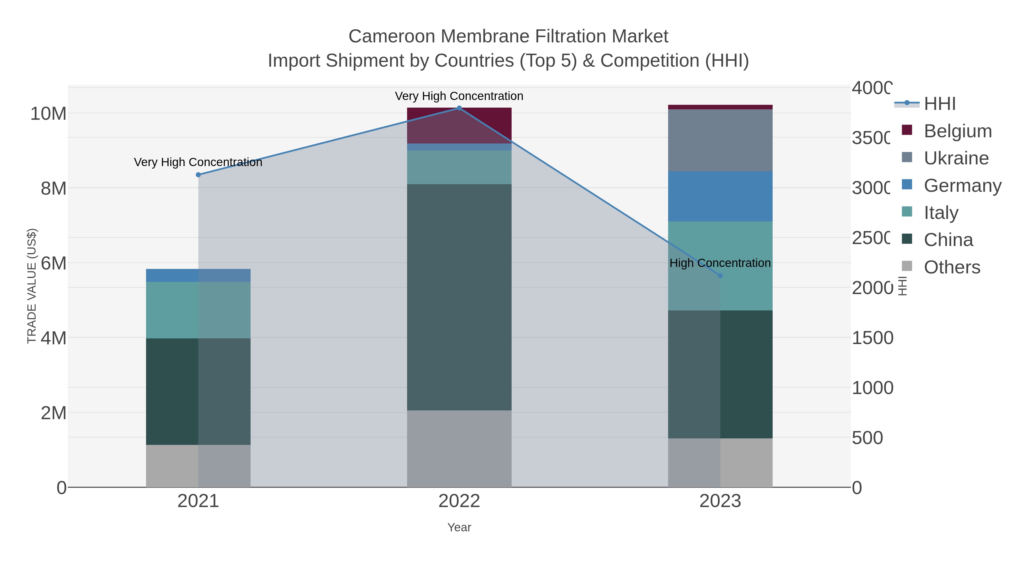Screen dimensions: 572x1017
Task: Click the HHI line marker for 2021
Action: (x=198, y=175)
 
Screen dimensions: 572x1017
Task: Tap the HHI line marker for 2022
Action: (x=459, y=108)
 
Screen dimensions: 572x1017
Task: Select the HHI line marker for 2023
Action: (x=720, y=275)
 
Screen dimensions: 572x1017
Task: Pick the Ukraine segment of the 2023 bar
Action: (x=720, y=140)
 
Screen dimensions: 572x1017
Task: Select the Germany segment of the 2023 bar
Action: (x=720, y=196)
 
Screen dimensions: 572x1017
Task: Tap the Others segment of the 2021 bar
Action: (x=198, y=466)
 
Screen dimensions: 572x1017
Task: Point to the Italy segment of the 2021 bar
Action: (x=198, y=310)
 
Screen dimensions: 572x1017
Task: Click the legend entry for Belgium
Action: (x=957, y=131)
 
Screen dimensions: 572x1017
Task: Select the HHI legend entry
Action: (x=939, y=104)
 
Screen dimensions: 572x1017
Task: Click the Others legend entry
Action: (x=951, y=267)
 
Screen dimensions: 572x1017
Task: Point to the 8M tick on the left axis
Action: (x=54, y=189)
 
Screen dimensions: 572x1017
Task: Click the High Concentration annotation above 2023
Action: (x=720, y=263)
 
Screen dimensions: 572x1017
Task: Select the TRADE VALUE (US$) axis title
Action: (x=32, y=286)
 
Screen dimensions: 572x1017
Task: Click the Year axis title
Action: (x=459, y=527)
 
